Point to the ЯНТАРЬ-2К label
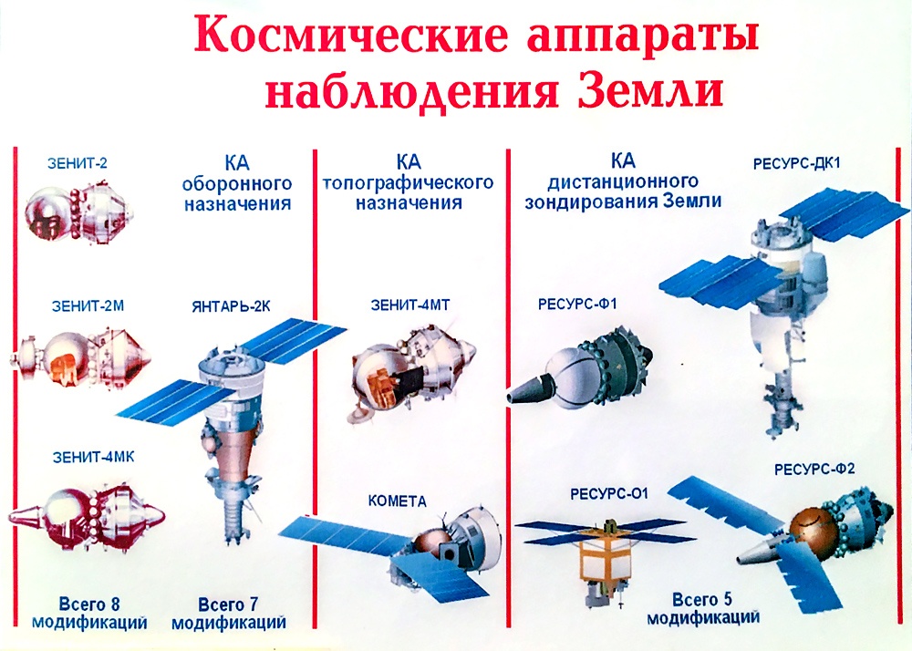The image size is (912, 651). [232, 307]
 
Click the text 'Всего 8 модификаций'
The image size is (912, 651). [89, 614]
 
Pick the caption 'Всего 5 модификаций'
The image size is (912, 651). [702, 608]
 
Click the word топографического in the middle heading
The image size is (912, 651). [409, 183]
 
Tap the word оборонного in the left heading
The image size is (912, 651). [237, 183]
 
